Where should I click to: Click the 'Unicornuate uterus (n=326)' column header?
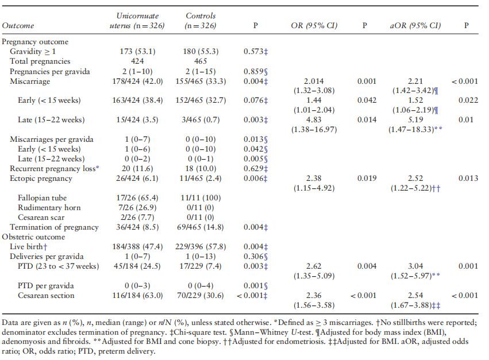pyautogui.click(x=138, y=21)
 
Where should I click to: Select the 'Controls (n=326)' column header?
pyautogui.click(x=201, y=21)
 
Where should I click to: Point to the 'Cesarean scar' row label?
pyautogui.click(x=44, y=217)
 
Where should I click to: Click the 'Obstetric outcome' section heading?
pyautogui.click(x=32, y=237)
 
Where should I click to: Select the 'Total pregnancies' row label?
pyautogui.click(x=40, y=61)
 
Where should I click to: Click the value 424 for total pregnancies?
pyautogui.click(x=138, y=61)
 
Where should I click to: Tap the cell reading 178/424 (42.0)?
pyautogui.click(x=138, y=81)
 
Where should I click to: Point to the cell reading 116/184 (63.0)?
pyautogui.click(x=138, y=295)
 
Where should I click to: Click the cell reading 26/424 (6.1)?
pyautogui.click(x=138, y=178)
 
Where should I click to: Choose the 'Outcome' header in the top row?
pyautogui.click(x=18, y=26)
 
